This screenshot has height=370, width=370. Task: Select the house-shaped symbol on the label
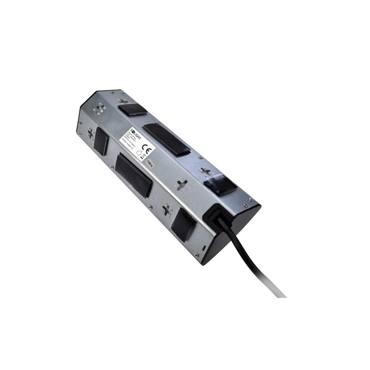[x=138, y=156]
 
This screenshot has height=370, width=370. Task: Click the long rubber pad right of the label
[x=166, y=139]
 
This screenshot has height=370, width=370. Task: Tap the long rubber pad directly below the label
[x=133, y=175]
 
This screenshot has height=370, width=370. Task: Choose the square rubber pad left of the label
[x=101, y=141]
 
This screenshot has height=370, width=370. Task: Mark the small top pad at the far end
[x=133, y=109]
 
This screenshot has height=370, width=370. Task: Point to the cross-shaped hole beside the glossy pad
[x=206, y=172]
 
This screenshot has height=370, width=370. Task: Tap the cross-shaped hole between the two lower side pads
[x=166, y=210]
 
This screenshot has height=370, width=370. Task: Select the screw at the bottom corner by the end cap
[x=196, y=255]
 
